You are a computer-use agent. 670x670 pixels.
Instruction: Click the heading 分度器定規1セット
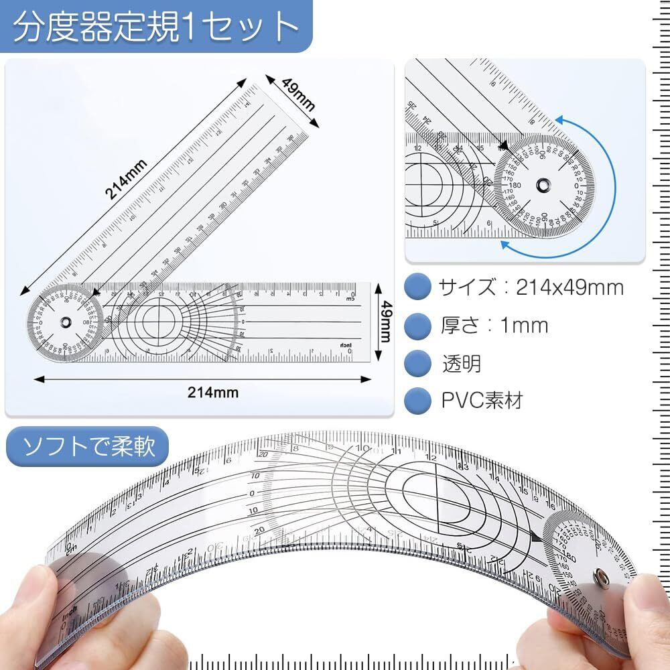coord(155,26)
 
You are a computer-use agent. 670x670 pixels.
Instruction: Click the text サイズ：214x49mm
coord(531,288)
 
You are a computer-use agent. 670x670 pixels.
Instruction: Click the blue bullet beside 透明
coord(418,363)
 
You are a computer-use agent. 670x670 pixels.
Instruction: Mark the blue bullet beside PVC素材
coord(418,400)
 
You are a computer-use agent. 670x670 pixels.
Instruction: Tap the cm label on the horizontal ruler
coord(349,299)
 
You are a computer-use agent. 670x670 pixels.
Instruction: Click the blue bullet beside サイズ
coord(418,288)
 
